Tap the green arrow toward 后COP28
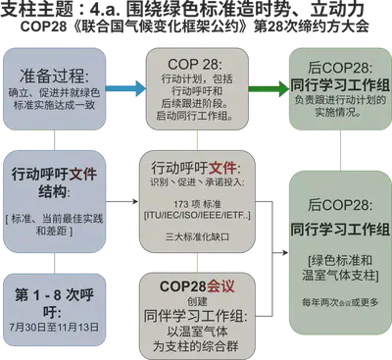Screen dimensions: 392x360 pyautogui.click(x=262, y=89)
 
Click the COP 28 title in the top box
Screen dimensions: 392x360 pyautogui.click(x=198, y=61)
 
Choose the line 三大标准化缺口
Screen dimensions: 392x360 pyautogui.click(x=198, y=236)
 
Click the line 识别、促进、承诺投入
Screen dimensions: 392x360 pyautogui.click(x=198, y=183)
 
